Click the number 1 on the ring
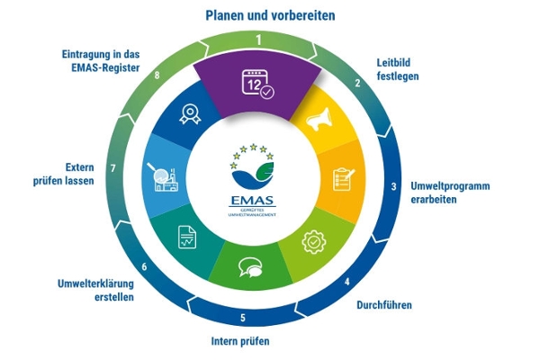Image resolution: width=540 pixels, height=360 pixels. click(258, 40)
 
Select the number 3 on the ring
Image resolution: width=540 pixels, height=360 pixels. click(392, 186)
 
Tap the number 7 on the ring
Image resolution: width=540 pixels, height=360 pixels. click(112, 167)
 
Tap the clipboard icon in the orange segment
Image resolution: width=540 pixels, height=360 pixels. click(344, 179)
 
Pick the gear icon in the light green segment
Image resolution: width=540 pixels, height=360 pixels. click(314, 239)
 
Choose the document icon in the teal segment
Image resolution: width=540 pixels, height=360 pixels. click(185, 236)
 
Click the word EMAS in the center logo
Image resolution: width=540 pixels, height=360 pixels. click(258, 198)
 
